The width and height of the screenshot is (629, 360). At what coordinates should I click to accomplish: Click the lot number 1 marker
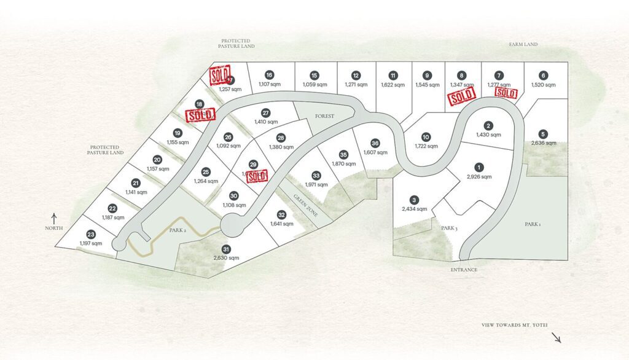point(478,166)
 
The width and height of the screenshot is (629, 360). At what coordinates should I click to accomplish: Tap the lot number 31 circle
point(226,249)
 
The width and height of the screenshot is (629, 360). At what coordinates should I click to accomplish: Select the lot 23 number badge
point(91,234)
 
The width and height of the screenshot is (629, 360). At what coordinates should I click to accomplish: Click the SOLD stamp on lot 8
point(461,96)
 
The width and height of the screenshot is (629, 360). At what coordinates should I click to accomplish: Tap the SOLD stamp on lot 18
point(200,114)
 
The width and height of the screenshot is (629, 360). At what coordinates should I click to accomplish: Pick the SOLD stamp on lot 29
point(257,175)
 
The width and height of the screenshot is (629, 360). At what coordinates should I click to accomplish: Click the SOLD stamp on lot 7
point(506,92)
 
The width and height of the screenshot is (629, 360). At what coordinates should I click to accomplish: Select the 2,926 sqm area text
point(478,176)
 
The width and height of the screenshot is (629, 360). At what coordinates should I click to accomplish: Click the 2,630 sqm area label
point(226,258)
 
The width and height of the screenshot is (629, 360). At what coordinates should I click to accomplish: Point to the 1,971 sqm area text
point(316,184)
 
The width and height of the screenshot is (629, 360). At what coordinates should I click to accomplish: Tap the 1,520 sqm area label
point(543,85)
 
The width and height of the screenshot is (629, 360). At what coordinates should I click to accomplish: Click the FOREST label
point(324,115)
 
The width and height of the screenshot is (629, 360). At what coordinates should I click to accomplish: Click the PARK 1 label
point(533,225)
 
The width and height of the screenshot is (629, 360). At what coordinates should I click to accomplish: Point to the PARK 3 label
point(449,229)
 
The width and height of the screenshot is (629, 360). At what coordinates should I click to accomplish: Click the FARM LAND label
point(523,44)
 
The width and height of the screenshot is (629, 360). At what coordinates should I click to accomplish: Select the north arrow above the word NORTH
point(54,217)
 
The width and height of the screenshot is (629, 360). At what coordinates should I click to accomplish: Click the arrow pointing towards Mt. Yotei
point(556,337)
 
